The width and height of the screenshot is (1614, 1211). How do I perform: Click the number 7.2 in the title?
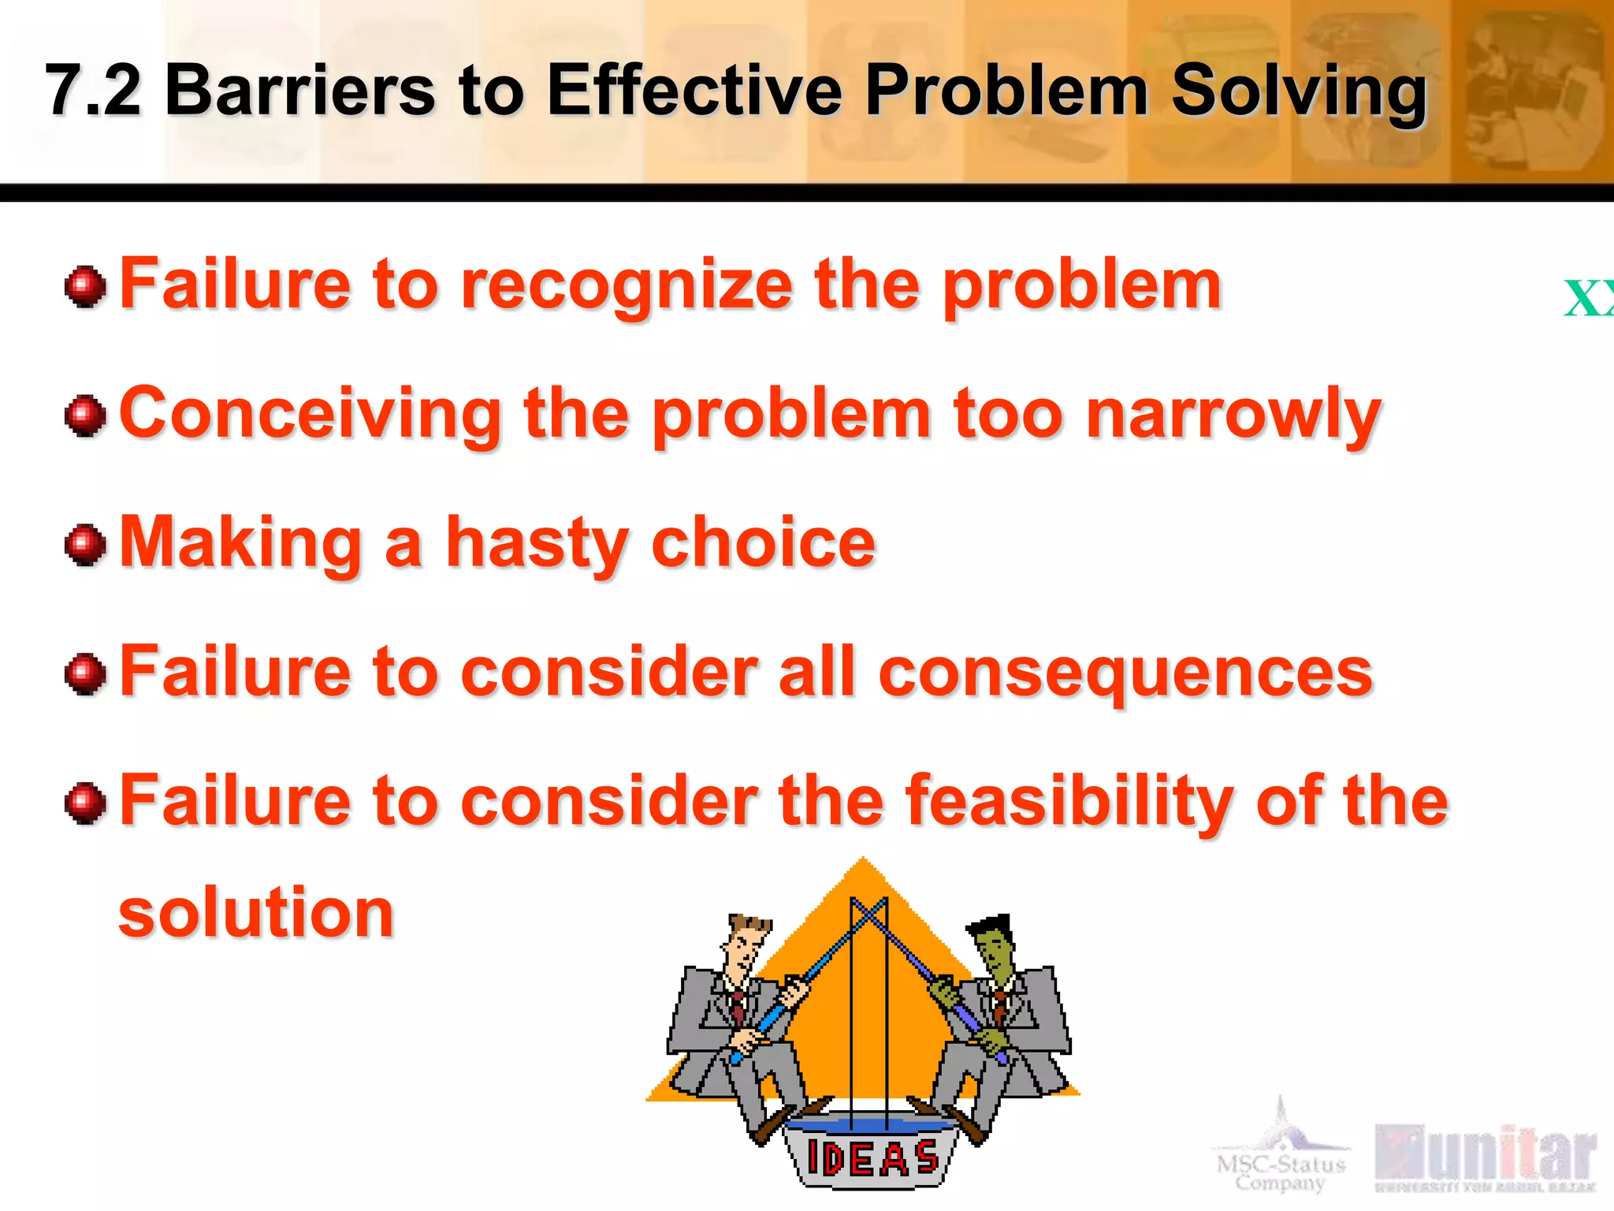93,91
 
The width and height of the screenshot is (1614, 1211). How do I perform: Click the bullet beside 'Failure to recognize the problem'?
85,287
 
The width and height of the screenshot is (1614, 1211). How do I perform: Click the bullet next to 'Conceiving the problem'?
85,416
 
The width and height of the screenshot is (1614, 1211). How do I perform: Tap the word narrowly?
1233,416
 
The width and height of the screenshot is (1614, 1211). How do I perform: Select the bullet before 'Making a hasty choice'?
85,546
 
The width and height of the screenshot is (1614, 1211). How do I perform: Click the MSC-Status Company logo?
1281,1151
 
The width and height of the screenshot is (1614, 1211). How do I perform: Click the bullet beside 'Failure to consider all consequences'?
85,675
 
